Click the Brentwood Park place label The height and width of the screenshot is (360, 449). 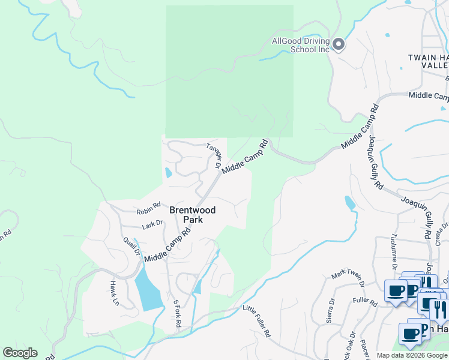coord(193,215)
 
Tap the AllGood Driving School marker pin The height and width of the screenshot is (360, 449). coord(338,45)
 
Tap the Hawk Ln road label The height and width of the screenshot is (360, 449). coord(113,293)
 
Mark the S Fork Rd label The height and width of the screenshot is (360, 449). coord(177,313)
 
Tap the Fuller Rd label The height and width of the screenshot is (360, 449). coord(364,301)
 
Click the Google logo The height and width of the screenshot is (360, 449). coord(20,353)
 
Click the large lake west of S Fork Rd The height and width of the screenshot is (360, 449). coord(148,287)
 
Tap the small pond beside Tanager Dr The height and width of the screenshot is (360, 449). coord(167,173)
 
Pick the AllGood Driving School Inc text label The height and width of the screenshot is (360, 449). coord(301,45)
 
